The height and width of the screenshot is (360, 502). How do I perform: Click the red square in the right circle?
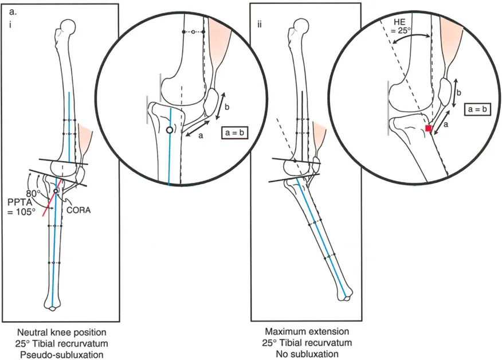(x=428, y=128)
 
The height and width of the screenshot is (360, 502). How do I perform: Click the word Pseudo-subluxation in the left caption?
(x=60, y=354)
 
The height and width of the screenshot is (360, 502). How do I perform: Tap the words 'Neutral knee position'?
(x=60, y=332)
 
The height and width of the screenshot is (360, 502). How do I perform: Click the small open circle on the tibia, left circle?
(x=169, y=130)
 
